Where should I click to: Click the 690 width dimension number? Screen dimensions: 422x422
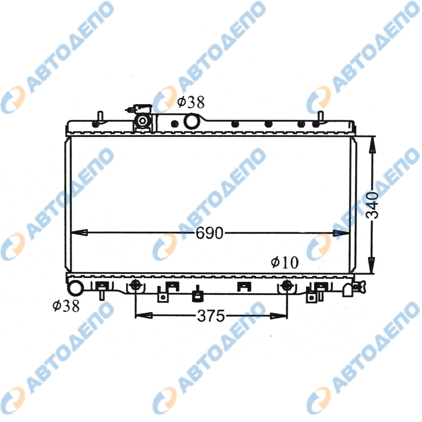point(209,233)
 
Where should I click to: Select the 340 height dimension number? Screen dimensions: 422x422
point(373,205)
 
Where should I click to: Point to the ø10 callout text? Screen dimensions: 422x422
point(285,262)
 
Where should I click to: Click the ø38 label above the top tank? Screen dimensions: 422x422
point(191,102)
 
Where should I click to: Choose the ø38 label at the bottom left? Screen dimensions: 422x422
point(66,306)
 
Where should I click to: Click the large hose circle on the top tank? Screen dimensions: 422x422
point(191,122)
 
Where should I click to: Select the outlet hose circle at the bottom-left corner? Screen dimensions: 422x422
point(75,287)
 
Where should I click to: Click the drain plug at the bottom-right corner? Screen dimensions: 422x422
point(357,287)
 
